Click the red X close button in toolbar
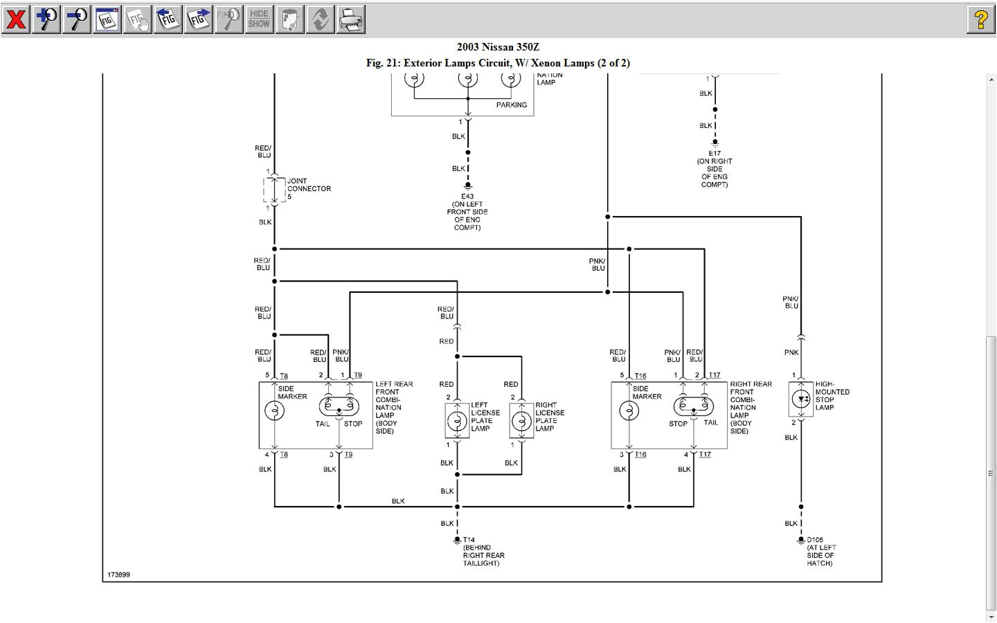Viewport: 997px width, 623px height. [x=15, y=19]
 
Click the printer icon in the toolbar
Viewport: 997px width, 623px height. [x=350, y=19]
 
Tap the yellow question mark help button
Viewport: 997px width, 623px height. [x=980, y=19]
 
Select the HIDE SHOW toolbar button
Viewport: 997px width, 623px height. [x=259, y=19]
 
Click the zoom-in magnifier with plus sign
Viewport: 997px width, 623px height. [x=46, y=19]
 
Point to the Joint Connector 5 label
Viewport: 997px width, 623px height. [x=309, y=188]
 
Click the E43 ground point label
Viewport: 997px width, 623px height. [x=467, y=197]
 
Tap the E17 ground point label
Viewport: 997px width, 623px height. [x=715, y=154]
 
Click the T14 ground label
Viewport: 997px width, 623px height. [x=469, y=540]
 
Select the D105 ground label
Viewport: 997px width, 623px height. [x=815, y=540]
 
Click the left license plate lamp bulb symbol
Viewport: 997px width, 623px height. [x=457, y=421]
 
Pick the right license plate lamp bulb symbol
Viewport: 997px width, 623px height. [x=521, y=421]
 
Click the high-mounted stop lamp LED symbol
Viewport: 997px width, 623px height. [x=801, y=399]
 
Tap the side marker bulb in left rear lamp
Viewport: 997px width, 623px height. [x=274, y=410]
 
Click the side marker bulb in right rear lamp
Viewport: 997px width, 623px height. [x=629, y=410]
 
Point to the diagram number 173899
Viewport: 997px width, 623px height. [x=118, y=575]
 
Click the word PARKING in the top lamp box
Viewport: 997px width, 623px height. [x=511, y=105]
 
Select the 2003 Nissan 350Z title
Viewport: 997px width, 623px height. [x=498, y=47]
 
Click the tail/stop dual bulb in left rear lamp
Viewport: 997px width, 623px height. [x=339, y=406]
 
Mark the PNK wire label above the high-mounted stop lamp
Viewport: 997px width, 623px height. [x=791, y=352]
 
